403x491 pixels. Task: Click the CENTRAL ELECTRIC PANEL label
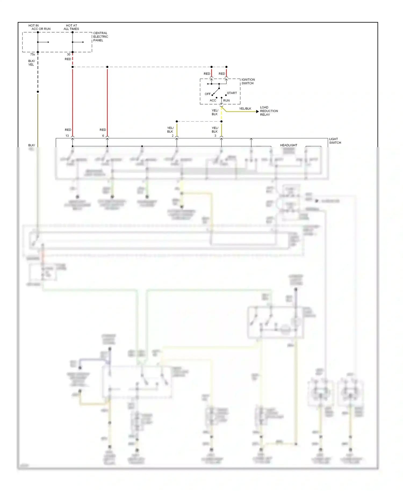point(100,37)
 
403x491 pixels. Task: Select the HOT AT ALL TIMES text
point(71,27)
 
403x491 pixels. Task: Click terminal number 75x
point(33,55)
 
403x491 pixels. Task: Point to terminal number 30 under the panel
point(69,55)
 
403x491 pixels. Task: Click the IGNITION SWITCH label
point(248,81)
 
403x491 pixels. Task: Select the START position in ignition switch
point(232,93)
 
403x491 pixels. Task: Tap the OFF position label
point(208,94)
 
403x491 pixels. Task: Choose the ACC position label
point(213,100)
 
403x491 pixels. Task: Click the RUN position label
point(226,100)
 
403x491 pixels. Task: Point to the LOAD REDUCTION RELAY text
point(269,111)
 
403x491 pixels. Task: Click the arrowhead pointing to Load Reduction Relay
point(257,111)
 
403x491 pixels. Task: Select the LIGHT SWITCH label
point(335,141)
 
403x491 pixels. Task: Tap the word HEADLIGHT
point(289,145)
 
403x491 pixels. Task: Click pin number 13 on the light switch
point(67,136)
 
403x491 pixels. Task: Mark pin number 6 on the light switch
point(103,136)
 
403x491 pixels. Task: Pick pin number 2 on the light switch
point(173,136)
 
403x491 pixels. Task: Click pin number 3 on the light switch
point(215,136)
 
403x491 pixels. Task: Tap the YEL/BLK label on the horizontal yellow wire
point(245,109)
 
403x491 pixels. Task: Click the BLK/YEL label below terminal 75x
point(31,63)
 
